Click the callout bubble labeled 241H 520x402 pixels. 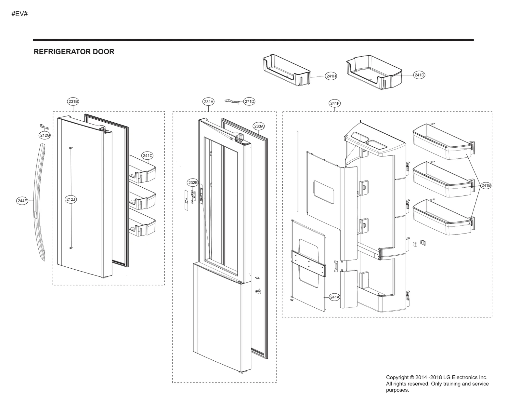coord(331,76)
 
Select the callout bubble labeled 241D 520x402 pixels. coord(419,75)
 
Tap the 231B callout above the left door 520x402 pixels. coord(73,101)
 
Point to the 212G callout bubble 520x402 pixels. coord(45,135)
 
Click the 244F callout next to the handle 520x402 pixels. coord(22,201)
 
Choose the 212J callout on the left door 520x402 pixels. coord(71,199)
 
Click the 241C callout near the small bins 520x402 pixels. coord(147,155)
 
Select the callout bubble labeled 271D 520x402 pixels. coord(249,101)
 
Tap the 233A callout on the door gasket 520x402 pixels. coord(259,126)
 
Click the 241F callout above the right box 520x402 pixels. coord(335,103)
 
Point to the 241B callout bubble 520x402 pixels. coord(486,185)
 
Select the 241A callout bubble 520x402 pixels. coord(334,297)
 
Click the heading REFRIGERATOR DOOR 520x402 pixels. coord(74,52)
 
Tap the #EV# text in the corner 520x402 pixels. coord(19,14)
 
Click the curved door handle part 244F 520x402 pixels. coord(40,202)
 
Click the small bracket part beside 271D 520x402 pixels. coord(233,101)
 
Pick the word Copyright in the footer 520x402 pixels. coord(397,377)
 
